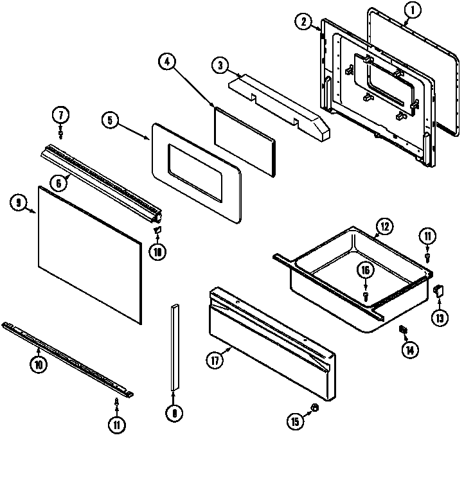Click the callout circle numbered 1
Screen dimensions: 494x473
(413, 10)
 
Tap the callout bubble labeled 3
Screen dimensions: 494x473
(220, 66)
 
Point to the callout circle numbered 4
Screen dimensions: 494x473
(166, 62)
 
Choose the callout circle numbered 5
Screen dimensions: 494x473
(110, 120)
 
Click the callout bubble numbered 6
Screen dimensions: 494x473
(58, 183)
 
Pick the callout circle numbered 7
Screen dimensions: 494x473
(60, 116)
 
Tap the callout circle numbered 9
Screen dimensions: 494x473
(19, 203)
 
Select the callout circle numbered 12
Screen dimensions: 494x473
(383, 226)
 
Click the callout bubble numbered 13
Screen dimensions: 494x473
(440, 317)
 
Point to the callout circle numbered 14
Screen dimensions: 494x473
(409, 350)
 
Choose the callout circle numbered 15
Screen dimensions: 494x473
(295, 421)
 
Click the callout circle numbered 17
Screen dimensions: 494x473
(215, 360)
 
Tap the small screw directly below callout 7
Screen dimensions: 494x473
(61, 134)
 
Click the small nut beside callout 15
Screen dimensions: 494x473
(314, 408)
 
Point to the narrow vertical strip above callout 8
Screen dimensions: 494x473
(174, 346)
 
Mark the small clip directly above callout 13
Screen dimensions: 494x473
(440, 290)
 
